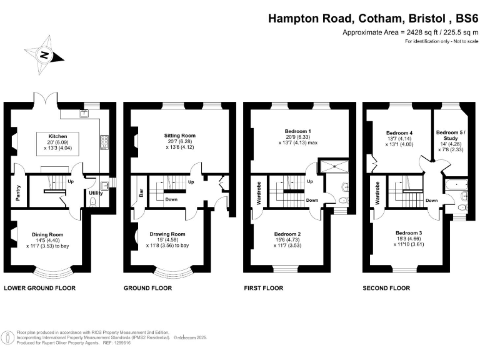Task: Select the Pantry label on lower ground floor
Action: point(18,194)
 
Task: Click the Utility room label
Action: point(96,194)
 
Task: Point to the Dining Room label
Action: point(47,235)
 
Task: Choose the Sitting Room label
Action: point(180,135)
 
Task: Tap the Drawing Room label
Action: point(167,234)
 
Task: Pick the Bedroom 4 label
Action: point(399,133)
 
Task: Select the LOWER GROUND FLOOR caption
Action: point(40,288)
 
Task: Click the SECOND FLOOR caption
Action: point(386,288)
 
